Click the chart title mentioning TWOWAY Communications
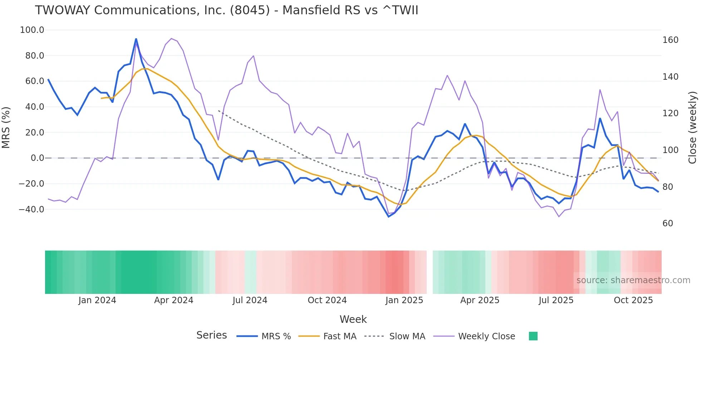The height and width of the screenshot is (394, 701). point(226,10)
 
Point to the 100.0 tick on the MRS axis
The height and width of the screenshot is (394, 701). point(32,30)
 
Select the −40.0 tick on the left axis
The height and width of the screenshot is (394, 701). point(31,210)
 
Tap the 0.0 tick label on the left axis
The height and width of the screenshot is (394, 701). point(37,158)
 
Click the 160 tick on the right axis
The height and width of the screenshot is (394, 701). point(670,40)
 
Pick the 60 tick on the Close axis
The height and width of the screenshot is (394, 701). point(668,223)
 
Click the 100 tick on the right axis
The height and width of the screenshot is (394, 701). point(670,150)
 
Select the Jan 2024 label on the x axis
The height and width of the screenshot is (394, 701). point(97,300)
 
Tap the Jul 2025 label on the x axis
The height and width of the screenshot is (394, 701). point(556,300)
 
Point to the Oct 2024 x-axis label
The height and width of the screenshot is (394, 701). point(327,300)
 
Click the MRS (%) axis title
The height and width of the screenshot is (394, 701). point(6,127)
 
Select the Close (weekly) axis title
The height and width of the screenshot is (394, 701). point(692,127)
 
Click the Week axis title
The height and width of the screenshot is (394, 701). point(353,319)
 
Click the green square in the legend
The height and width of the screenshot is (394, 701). point(533,336)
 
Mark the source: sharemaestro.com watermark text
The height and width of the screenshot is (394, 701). point(633,280)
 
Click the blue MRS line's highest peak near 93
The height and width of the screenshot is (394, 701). point(136,39)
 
